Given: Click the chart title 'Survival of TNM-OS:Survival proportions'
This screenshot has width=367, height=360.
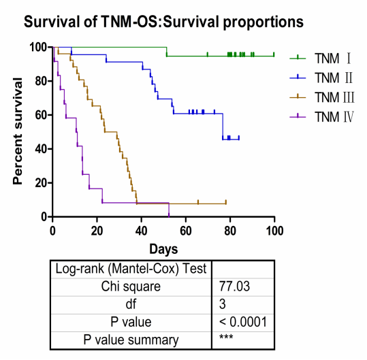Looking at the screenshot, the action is (x=163, y=22).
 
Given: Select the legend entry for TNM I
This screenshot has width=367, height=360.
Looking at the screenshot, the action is (x=321, y=59).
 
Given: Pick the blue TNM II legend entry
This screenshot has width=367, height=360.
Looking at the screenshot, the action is (x=321, y=78).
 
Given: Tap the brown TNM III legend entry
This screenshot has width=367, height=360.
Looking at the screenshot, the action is (x=322, y=97).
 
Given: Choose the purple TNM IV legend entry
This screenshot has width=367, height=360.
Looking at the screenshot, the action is (x=321, y=117).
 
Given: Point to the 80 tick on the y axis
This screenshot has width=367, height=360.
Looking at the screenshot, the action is (x=42, y=81).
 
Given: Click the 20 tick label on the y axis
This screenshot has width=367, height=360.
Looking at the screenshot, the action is (x=42, y=183).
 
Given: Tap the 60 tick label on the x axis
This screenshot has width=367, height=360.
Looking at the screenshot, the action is (x=186, y=231).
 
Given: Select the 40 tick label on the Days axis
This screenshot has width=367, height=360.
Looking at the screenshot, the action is (x=142, y=231).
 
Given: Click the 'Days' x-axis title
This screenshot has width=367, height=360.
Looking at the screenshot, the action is (x=163, y=249).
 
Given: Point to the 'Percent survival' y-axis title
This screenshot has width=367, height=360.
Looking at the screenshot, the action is (x=18, y=131).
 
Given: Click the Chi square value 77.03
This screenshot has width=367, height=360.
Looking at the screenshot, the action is (x=234, y=287).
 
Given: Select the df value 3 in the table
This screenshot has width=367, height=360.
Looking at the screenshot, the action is (x=223, y=304).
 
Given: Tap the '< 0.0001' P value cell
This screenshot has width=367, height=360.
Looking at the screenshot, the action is (x=243, y=322).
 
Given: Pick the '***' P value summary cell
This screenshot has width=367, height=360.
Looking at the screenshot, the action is (x=226, y=337).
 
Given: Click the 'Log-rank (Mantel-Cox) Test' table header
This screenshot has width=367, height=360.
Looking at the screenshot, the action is (x=131, y=269).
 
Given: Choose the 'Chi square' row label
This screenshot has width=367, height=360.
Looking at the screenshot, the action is (x=131, y=287).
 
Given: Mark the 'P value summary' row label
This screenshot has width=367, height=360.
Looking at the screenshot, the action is (x=131, y=340).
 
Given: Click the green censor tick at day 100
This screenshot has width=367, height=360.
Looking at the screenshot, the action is (x=274, y=54).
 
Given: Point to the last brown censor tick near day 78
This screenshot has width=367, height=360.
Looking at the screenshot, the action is (x=226, y=202).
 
